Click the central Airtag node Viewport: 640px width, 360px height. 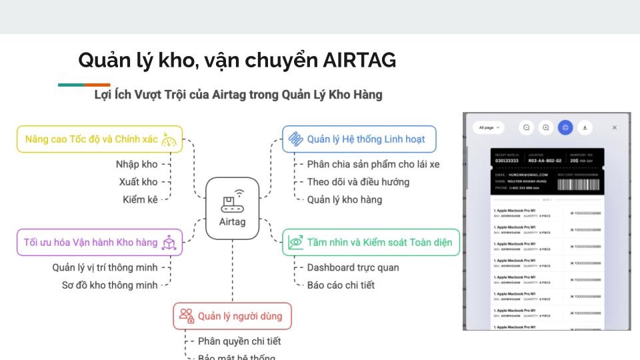coord(232,208)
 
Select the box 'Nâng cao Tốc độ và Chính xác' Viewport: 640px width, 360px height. coord(99,139)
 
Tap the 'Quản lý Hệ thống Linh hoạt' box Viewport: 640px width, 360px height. coord(359,139)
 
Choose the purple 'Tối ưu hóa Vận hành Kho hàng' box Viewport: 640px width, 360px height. coord(99,243)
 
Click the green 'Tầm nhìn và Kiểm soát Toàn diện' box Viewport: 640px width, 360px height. coord(371,243)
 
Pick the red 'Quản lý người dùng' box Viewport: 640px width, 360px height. coord(233,316)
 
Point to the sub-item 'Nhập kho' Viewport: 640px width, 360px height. coord(137,164)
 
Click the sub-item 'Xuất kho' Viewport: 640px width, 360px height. coord(138,181)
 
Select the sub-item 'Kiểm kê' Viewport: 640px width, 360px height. coord(140,199)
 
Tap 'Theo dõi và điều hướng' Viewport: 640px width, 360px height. coord(358,181)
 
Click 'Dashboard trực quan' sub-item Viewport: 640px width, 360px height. coord(353,267)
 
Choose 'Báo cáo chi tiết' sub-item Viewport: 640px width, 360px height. coord(341,285)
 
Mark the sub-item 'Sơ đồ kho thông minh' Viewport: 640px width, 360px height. coord(109,285)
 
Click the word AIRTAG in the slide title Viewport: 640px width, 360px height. coord(359,61)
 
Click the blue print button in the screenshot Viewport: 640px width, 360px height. coord(565,127)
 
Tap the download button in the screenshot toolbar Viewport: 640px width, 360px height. coord(585,127)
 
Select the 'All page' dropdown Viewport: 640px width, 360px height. coord(488,127)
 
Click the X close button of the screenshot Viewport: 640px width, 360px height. coord(615,127)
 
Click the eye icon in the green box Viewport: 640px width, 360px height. coord(295,243)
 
